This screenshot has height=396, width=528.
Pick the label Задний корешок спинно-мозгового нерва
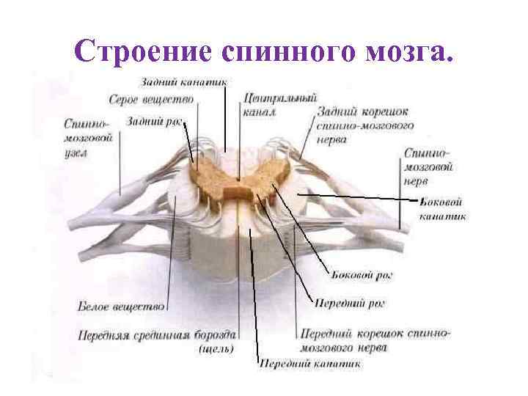click(x=364, y=125)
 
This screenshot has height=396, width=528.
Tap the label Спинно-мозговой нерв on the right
click(x=428, y=166)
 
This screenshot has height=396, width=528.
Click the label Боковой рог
click(x=354, y=275)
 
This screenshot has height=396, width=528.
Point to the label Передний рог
click(x=350, y=302)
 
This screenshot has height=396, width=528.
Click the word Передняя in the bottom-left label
click(x=104, y=335)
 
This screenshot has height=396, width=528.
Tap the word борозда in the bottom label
click(x=213, y=335)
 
